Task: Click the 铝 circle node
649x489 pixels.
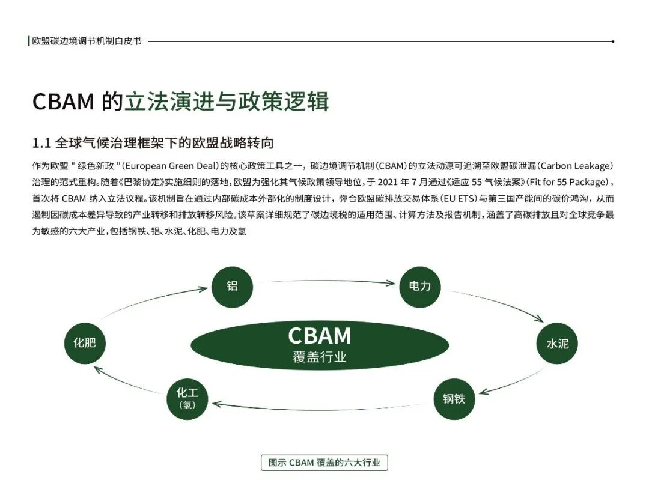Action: tap(232, 287)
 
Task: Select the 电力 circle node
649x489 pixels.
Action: tap(419, 287)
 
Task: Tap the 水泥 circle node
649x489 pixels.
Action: tap(557, 344)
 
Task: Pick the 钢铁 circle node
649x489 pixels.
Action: tap(454, 398)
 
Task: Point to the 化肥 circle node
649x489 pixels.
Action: tap(85, 343)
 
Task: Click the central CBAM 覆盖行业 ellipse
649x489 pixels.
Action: tap(319, 344)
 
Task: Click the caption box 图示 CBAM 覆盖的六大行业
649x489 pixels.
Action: tap(324, 463)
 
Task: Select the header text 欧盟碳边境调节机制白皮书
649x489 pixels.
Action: tap(87, 42)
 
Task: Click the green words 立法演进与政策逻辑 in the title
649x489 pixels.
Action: tap(227, 102)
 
